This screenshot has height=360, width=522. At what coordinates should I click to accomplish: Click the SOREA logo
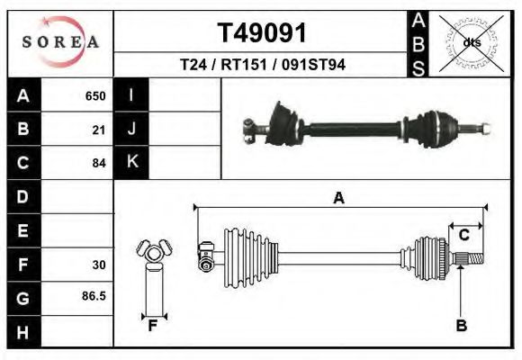59,42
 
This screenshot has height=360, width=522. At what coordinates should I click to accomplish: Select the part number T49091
262,32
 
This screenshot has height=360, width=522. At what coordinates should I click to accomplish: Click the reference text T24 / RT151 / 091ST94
262,65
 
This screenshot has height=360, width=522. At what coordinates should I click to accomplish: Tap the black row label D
22,196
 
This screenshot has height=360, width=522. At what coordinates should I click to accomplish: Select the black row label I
131,95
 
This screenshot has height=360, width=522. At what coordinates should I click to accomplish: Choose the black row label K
131,163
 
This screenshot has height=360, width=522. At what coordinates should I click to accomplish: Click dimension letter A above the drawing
339,198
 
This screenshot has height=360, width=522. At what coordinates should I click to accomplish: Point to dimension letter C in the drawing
463,235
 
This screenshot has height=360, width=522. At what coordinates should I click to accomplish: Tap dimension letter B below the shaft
461,326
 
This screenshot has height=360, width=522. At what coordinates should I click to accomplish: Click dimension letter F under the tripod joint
153,326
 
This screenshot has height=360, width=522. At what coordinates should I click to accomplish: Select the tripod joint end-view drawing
152,253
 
